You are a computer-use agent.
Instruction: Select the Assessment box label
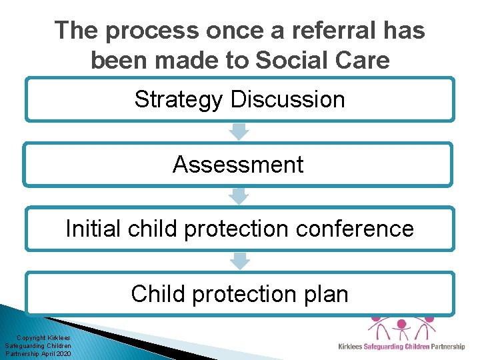(x=238, y=164)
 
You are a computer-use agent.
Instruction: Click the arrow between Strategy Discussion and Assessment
(x=239, y=131)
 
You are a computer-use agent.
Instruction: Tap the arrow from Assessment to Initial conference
(x=239, y=196)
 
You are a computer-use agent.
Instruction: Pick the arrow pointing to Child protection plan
(x=239, y=261)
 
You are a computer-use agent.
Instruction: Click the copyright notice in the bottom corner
(x=38, y=346)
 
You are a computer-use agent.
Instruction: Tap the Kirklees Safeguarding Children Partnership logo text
(x=401, y=347)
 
